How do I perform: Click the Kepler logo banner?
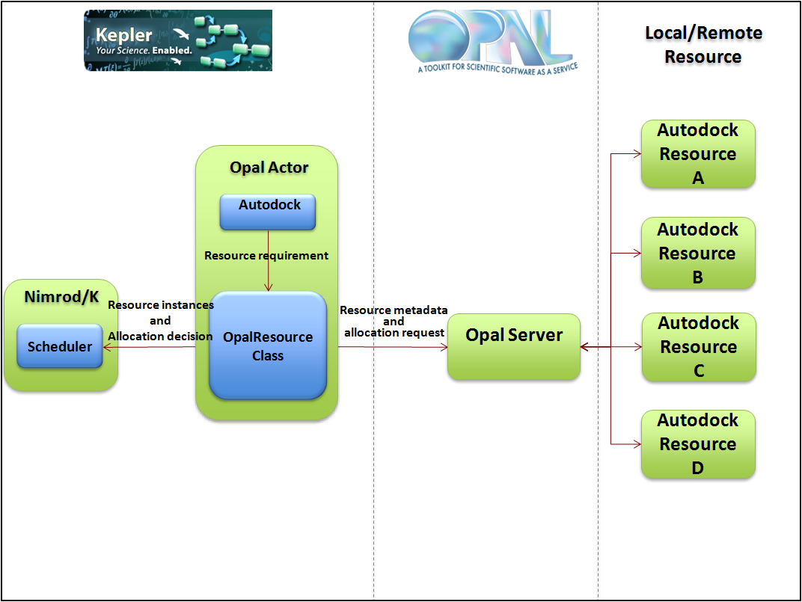pyautogui.click(x=178, y=40)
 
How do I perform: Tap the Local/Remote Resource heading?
pyautogui.click(x=703, y=45)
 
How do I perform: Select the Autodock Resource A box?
pyautogui.click(x=698, y=153)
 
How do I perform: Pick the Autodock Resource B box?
pyautogui.click(x=698, y=253)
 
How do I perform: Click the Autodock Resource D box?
pyautogui.click(x=698, y=444)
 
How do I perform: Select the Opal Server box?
pyautogui.click(x=514, y=346)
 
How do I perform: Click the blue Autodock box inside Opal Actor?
pyautogui.click(x=268, y=212)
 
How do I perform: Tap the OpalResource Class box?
pyautogui.click(x=268, y=345)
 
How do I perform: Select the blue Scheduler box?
pyautogui.click(x=60, y=346)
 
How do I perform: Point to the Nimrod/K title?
pyautogui.click(x=61, y=297)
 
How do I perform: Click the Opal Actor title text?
pyautogui.click(x=269, y=168)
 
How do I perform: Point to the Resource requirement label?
pyautogui.click(x=266, y=256)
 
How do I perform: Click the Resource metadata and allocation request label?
pyautogui.click(x=394, y=321)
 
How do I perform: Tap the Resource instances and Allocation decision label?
pyautogui.click(x=161, y=321)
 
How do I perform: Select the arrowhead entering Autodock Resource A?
pyautogui.click(x=637, y=154)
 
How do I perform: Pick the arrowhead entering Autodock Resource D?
pyautogui.click(x=637, y=444)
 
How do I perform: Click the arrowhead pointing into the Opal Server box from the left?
pyautogui.click(x=443, y=346)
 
